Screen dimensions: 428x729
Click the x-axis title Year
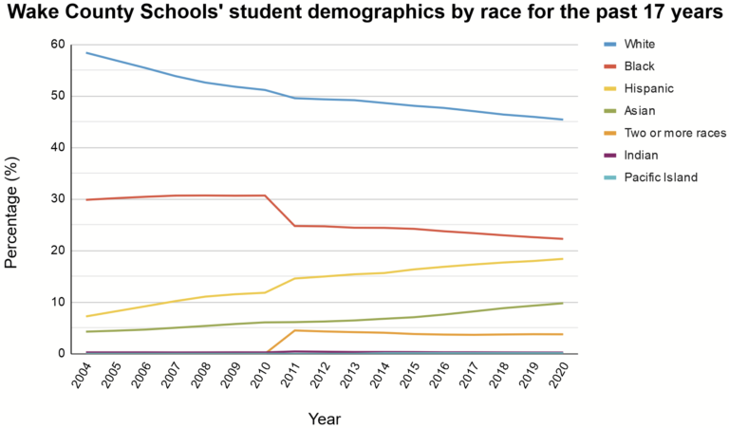tap(324, 418)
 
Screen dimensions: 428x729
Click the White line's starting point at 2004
tap(87, 53)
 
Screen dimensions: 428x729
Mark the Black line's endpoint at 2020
tap(563, 239)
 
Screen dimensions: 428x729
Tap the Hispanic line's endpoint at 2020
tap(563, 259)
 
